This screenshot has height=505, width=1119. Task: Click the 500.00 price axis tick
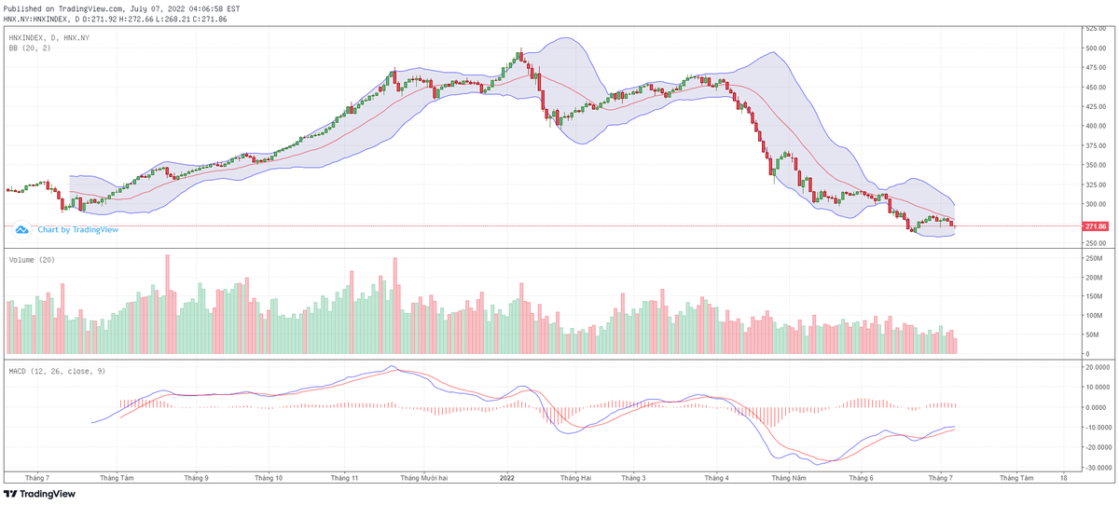(1095, 48)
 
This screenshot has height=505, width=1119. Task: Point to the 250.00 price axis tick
(1095, 243)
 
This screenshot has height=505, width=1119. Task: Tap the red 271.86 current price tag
(1095, 226)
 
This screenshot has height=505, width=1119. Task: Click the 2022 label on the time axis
(507, 478)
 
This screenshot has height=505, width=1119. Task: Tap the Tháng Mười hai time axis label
(424, 478)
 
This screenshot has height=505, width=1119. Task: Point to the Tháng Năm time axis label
(787, 478)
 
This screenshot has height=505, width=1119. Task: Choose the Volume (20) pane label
(32, 260)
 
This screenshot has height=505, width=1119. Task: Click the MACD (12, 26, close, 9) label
(56, 371)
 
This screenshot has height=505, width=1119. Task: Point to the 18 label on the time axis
(1064, 478)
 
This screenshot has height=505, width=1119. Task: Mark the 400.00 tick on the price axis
(1095, 126)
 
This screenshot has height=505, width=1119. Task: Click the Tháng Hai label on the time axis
(575, 478)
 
